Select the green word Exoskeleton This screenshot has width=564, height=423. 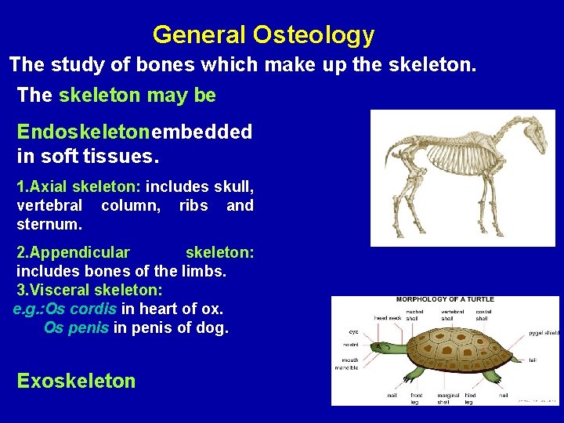[x=76, y=381]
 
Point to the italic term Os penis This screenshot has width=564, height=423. [x=77, y=327]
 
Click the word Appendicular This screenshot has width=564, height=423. [x=73, y=252]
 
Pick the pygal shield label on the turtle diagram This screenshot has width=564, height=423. [x=544, y=333]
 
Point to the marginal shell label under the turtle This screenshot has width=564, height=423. [x=449, y=399]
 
